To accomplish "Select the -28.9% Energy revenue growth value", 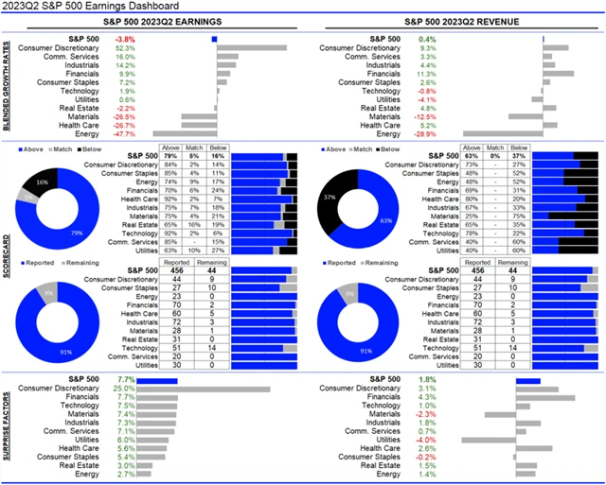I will click(x=453, y=133).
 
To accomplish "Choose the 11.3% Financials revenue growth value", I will click(x=454, y=73).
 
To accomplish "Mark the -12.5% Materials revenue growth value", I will click(x=453, y=116).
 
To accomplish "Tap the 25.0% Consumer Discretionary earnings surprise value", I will click(x=124, y=388).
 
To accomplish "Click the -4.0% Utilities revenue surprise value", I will click(x=428, y=440).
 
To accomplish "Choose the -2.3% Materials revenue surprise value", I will click(x=428, y=414).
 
